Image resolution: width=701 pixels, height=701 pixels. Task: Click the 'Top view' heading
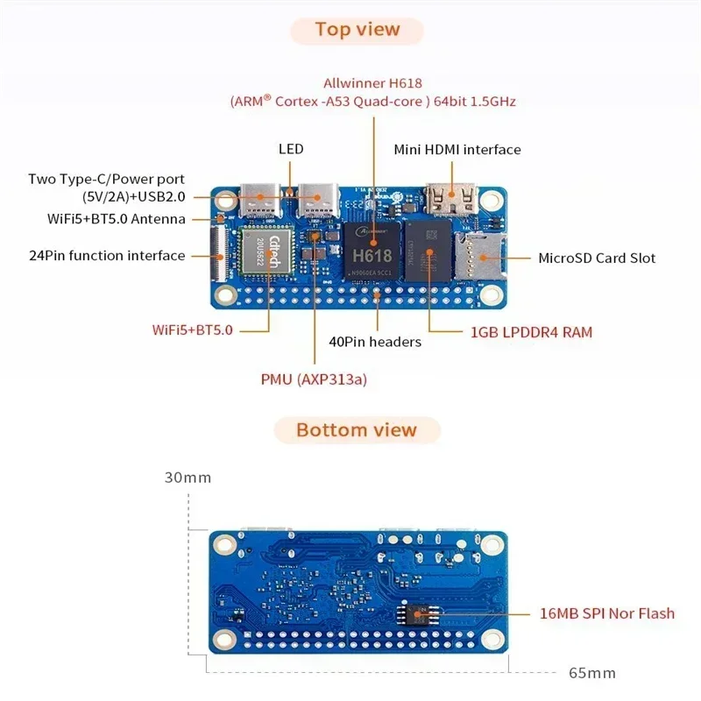(358, 30)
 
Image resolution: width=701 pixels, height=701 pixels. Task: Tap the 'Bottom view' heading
(357, 430)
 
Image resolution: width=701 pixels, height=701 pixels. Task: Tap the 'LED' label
(291, 149)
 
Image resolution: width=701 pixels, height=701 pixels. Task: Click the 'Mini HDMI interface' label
(457, 150)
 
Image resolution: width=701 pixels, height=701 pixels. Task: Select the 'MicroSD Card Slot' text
(596, 258)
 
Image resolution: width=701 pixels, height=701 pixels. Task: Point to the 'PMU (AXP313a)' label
(314, 379)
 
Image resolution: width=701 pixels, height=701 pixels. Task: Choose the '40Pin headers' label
(375, 342)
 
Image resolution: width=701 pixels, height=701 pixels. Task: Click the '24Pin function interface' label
(107, 256)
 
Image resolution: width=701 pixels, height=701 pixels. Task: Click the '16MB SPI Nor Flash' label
(607, 612)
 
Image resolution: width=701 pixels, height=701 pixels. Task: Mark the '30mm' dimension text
(188, 478)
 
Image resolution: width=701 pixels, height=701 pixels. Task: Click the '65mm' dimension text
(592, 673)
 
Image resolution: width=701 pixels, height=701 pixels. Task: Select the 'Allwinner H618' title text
(373, 83)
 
